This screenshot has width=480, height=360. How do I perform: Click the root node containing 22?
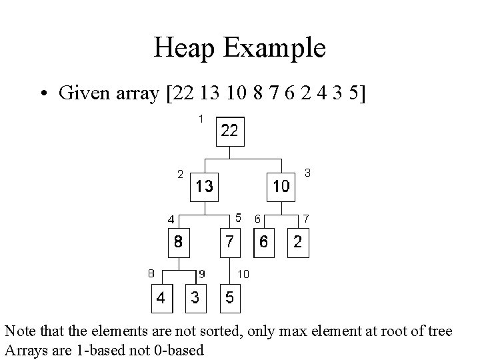coord(229,131)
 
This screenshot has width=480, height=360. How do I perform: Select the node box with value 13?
coord(205,187)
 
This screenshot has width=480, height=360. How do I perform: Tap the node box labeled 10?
coord(281,187)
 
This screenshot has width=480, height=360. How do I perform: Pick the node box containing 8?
coord(178,242)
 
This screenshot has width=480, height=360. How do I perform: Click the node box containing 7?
coord(229,242)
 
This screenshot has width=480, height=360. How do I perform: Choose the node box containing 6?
coord(264,242)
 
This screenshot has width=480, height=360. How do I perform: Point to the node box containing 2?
coord(298,242)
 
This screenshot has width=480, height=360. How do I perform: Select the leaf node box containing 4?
coord(161,298)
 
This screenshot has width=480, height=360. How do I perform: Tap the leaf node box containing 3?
coord(195,298)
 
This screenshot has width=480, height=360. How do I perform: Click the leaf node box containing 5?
coord(229,298)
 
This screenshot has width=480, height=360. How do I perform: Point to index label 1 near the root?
coord(199,119)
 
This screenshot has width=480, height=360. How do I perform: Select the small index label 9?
coord(202,273)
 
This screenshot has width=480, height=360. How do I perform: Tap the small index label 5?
coord(238,218)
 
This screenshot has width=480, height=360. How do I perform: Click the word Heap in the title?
coord(184,48)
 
